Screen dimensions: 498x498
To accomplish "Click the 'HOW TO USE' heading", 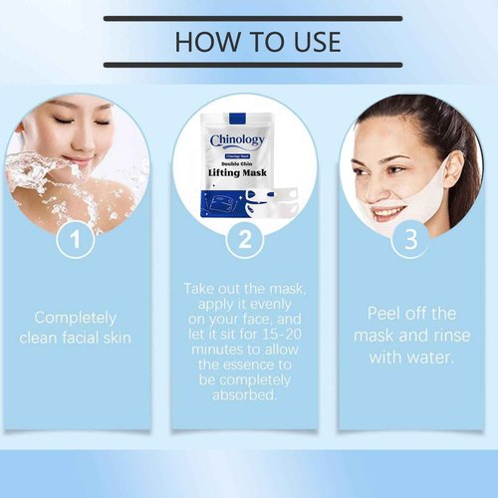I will click(x=257, y=41).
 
